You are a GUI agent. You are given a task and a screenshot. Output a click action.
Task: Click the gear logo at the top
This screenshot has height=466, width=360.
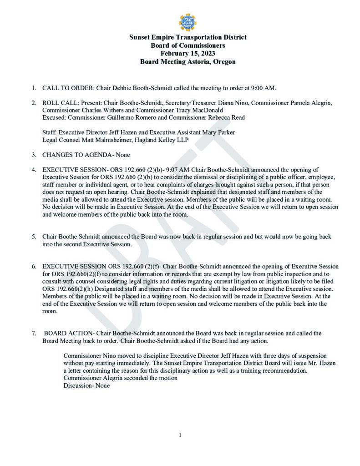point(188,22)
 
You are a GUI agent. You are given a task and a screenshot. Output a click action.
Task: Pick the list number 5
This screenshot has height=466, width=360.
point(34,237)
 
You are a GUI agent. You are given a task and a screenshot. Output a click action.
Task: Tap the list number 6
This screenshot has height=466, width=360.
point(34,266)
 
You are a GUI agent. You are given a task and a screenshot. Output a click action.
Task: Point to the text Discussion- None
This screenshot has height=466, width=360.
point(86,385)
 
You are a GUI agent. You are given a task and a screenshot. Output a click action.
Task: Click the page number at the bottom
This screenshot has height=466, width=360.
point(180,435)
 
